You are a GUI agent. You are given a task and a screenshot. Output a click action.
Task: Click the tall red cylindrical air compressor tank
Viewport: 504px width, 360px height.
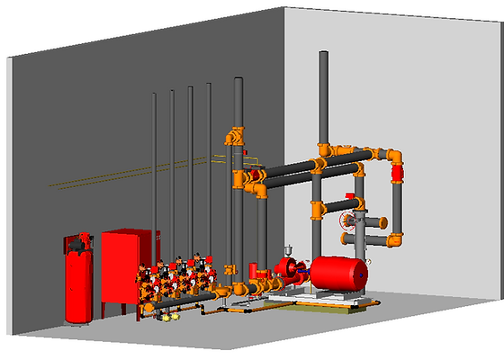coord(77,283)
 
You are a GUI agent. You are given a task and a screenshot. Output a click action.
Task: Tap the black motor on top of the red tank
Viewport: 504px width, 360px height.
coord(79,240)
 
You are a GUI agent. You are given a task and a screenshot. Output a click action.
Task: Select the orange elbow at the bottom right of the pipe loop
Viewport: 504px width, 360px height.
coord(392,240)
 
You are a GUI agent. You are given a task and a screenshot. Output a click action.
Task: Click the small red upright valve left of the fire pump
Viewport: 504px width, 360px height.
coord(255,270)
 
